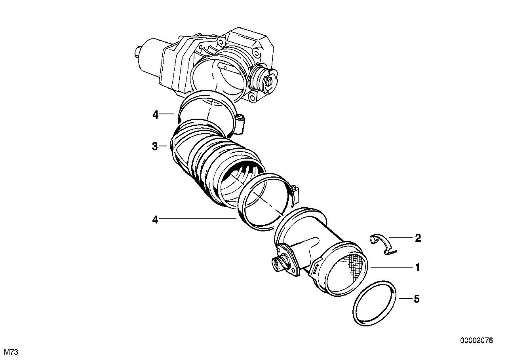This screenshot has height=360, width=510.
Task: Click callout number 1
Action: pos(417,268)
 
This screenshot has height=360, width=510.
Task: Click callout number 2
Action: pos(417,238)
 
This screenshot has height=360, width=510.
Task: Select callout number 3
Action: pos(155,146)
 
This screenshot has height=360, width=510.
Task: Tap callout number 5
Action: pos(416,299)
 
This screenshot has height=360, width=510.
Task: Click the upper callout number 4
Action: pos(155,115)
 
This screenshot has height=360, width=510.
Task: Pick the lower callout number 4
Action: pos(155,220)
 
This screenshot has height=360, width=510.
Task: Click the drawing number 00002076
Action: pos(476,341)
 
